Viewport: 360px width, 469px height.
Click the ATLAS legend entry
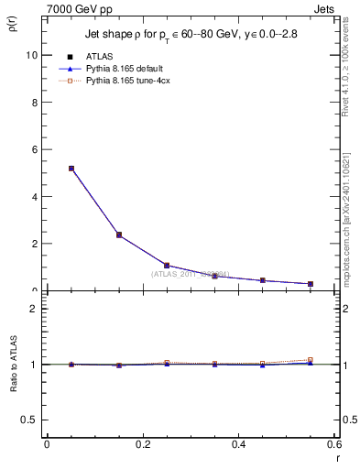pos(97,57)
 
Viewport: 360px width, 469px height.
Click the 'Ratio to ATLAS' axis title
pos(12,364)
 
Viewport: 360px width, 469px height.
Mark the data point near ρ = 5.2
pos(71,169)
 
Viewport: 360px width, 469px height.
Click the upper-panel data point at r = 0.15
pos(119,234)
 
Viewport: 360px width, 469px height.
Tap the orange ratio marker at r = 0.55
pos(310,360)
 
